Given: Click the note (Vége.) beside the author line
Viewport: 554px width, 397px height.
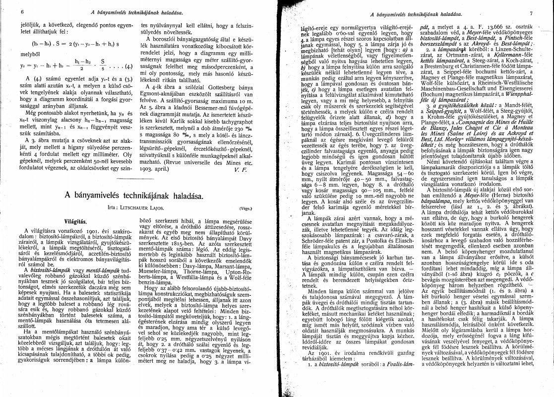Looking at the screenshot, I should pos(246,209).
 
